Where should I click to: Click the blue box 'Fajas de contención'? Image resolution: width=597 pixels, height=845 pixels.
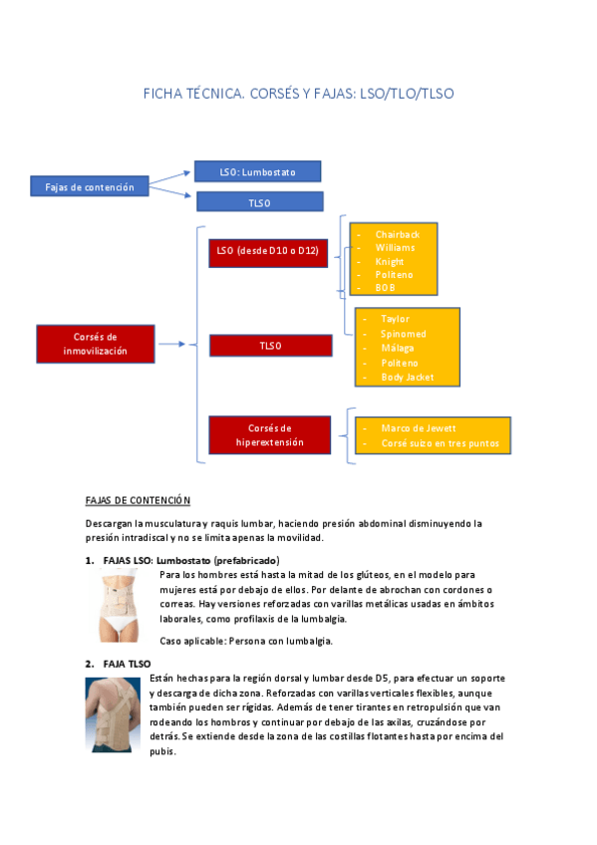point(90,186)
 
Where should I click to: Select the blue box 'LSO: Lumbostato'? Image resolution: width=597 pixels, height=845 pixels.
point(258,172)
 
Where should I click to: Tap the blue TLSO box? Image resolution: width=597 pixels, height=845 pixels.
point(259,202)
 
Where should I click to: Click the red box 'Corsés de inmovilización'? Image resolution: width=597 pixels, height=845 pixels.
point(96,344)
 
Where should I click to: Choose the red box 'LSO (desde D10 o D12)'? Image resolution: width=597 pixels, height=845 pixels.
point(268,252)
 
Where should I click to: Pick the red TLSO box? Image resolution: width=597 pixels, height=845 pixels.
point(270,346)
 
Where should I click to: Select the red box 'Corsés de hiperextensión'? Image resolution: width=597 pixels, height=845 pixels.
point(269,434)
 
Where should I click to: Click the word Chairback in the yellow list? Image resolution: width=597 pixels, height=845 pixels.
point(397,234)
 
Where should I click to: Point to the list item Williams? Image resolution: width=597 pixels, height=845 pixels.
point(395,247)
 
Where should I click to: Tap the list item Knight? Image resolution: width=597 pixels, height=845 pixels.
point(390,261)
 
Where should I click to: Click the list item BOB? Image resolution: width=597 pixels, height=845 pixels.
point(385,288)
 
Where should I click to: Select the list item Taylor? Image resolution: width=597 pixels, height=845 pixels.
point(395,319)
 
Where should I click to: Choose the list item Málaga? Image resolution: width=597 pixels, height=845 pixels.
point(397,349)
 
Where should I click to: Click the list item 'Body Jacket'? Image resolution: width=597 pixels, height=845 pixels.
point(408,378)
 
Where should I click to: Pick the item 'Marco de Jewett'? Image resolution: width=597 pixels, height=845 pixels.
point(419,428)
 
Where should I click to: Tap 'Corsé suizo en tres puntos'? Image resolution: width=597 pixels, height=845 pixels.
point(440,443)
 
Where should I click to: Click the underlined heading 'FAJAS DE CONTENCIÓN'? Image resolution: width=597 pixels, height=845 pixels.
point(138,499)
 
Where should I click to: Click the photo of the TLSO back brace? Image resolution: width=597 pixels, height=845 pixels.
point(113,714)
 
